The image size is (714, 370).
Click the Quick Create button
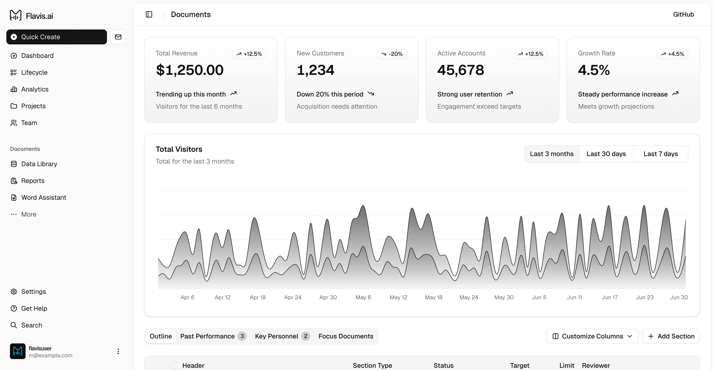(57, 37)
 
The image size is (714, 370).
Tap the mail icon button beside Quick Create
(118, 37)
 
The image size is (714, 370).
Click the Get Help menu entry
(34, 308)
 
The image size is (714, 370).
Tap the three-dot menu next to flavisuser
(118, 351)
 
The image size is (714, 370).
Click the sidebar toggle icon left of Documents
(149, 15)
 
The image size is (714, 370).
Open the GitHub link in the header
(683, 15)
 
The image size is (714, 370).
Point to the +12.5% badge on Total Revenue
(249, 54)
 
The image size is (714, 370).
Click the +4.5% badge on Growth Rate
(672, 54)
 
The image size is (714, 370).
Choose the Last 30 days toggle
(606, 154)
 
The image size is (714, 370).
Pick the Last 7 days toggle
(660, 154)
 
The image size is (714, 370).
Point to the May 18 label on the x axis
(433, 297)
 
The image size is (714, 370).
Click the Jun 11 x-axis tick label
(574, 297)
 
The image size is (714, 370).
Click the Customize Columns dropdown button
(592, 336)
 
